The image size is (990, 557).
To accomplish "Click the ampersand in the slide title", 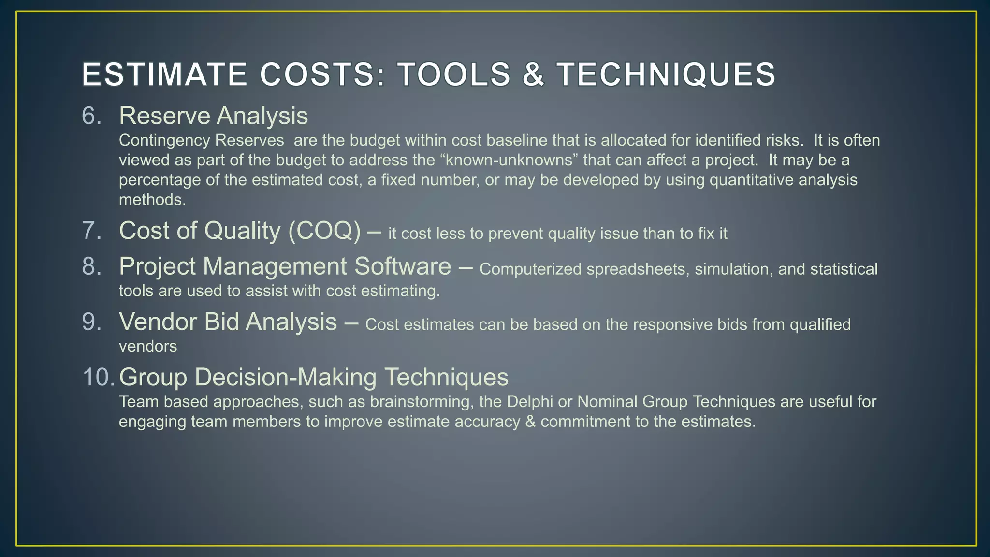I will pyautogui.click(x=533, y=75).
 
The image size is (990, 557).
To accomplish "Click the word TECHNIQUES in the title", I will pyautogui.click(x=666, y=75).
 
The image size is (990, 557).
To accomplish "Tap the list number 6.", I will pyautogui.click(x=91, y=116).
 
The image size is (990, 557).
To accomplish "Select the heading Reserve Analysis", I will pyautogui.click(x=213, y=116).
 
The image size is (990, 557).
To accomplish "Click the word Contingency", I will pyautogui.click(x=164, y=140).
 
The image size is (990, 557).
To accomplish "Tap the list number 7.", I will pyautogui.click(x=91, y=231).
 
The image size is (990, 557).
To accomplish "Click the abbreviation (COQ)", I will pyautogui.click(x=324, y=231).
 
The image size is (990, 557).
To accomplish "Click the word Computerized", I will pyautogui.click(x=530, y=269).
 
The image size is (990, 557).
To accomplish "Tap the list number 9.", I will pyautogui.click(x=91, y=322).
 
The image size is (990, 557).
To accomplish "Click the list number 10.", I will pyautogui.click(x=98, y=377).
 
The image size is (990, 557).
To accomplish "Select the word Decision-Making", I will pyautogui.click(x=286, y=377).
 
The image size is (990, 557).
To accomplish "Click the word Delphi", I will pyautogui.click(x=530, y=402).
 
